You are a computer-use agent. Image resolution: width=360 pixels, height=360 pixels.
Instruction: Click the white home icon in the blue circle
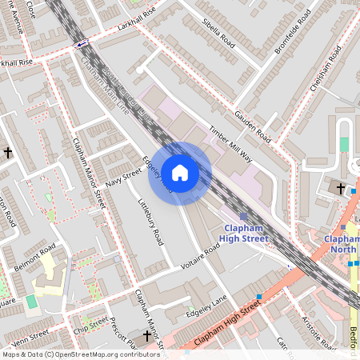pyautogui.click(x=180, y=173)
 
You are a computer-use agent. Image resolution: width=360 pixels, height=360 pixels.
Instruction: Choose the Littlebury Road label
pyautogui.click(x=150, y=221)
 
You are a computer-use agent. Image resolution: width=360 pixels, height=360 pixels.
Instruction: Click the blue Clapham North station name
pyautogui.click(x=342, y=244)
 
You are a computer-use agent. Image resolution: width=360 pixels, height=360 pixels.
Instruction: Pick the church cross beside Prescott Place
pyautogui.click(x=146, y=336)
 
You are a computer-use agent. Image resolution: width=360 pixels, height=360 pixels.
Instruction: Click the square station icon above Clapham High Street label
pyautogui.click(x=243, y=216)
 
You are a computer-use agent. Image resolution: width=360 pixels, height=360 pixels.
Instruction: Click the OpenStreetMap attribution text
pyautogui.click(x=80, y=354)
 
